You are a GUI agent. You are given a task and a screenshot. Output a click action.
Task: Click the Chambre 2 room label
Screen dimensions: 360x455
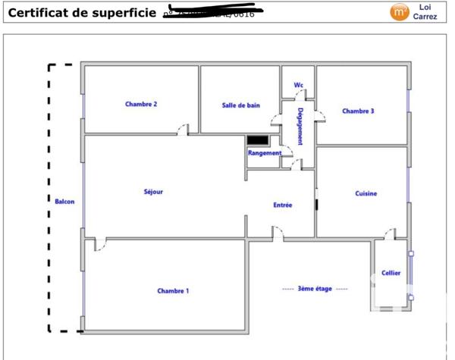(x=141, y=104)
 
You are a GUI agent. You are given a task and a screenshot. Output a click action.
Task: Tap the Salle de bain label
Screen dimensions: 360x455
(x=241, y=105)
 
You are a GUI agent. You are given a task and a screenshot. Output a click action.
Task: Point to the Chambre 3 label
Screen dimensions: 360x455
(x=358, y=111)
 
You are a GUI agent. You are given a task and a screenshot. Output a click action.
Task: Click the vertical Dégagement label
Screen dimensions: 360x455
(x=301, y=126)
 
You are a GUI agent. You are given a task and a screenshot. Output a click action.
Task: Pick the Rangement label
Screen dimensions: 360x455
(x=265, y=153)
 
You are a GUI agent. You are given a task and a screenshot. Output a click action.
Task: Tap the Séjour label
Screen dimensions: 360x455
(x=153, y=192)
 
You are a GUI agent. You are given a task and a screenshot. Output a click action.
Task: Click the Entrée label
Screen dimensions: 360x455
(x=283, y=205)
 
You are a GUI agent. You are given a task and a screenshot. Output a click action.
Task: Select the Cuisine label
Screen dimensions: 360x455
(x=366, y=193)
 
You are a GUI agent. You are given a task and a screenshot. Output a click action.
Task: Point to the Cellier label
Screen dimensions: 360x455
(x=391, y=273)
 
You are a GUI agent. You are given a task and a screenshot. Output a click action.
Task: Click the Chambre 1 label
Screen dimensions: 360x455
(x=173, y=290)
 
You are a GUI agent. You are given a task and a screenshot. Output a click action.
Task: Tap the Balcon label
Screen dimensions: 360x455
(x=65, y=202)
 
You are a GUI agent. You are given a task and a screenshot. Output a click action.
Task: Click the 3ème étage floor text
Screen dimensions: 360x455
(x=315, y=289)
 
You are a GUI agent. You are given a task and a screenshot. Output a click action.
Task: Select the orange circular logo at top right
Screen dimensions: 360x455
(x=398, y=11)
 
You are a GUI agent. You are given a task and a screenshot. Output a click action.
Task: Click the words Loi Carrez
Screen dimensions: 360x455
(x=425, y=11)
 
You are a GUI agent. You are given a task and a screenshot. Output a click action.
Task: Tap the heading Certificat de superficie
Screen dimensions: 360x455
(x=80, y=12)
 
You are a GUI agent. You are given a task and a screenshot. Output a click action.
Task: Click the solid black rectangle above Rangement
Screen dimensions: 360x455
(x=258, y=140)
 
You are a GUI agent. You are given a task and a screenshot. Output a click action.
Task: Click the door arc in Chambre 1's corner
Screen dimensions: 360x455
(x=100, y=244)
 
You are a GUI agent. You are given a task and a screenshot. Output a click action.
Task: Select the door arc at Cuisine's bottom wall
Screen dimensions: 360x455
(x=390, y=233)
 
